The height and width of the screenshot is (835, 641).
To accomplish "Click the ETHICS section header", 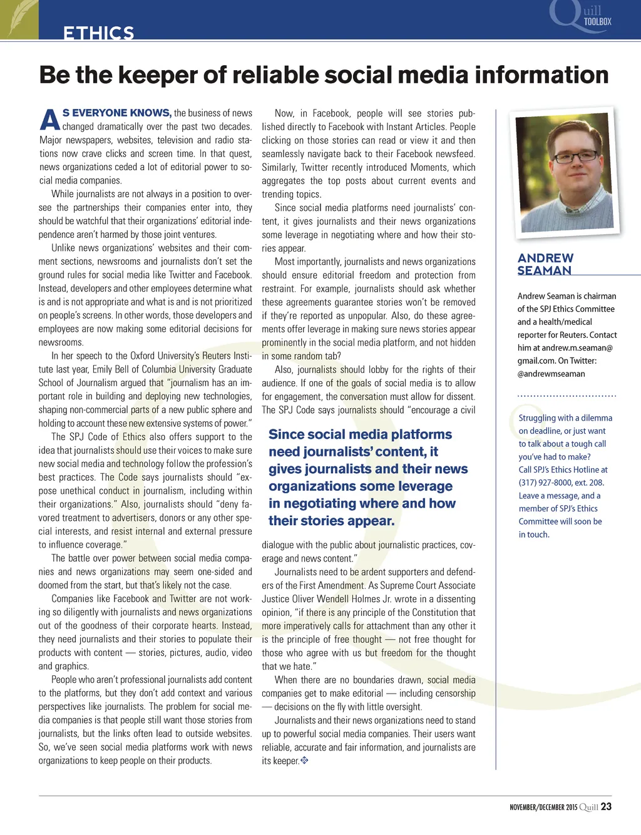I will (x=99, y=33).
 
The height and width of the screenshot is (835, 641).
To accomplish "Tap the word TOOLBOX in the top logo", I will (x=597, y=21).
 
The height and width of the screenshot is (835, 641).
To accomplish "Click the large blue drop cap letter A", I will (x=49, y=120).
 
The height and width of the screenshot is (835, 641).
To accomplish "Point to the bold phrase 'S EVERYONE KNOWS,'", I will (x=116, y=113).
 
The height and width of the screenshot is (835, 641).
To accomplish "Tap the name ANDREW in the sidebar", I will (x=545, y=258).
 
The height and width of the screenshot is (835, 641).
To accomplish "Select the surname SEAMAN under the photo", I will (x=544, y=270).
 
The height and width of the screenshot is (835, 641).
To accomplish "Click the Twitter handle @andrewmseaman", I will (x=551, y=374).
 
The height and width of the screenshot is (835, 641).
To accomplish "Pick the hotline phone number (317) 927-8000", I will (x=544, y=483).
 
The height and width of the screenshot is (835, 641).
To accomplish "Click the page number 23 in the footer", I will (x=606, y=807).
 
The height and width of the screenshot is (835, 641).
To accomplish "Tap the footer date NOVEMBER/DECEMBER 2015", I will (x=543, y=807).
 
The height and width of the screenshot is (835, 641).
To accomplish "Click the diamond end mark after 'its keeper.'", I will (x=304, y=761).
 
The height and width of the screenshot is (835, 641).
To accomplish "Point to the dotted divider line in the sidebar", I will (x=567, y=396).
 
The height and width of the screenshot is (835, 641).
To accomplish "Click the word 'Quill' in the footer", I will (x=588, y=807).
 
